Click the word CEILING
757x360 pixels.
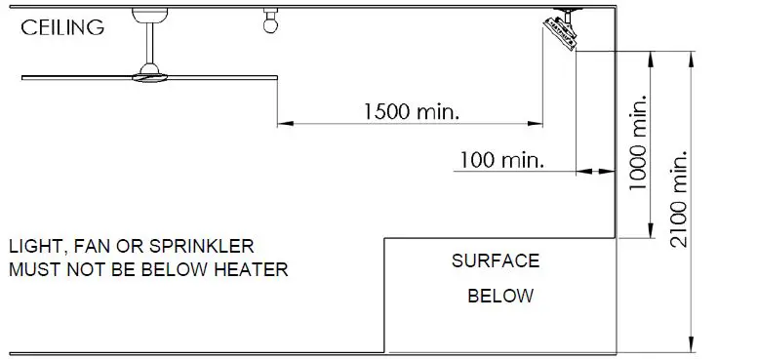click(62, 28)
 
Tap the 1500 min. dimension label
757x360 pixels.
click(411, 111)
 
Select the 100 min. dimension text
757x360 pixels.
click(500, 159)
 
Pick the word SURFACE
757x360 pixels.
click(495, 261)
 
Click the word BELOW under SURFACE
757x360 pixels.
click(500, 296)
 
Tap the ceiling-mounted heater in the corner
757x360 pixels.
click(563, 29)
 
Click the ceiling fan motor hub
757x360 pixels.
click(150, 72)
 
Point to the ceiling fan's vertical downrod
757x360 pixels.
click(151, 41)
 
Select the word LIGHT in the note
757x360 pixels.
click(35, 246)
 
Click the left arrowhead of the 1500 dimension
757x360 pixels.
click(286, 124)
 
